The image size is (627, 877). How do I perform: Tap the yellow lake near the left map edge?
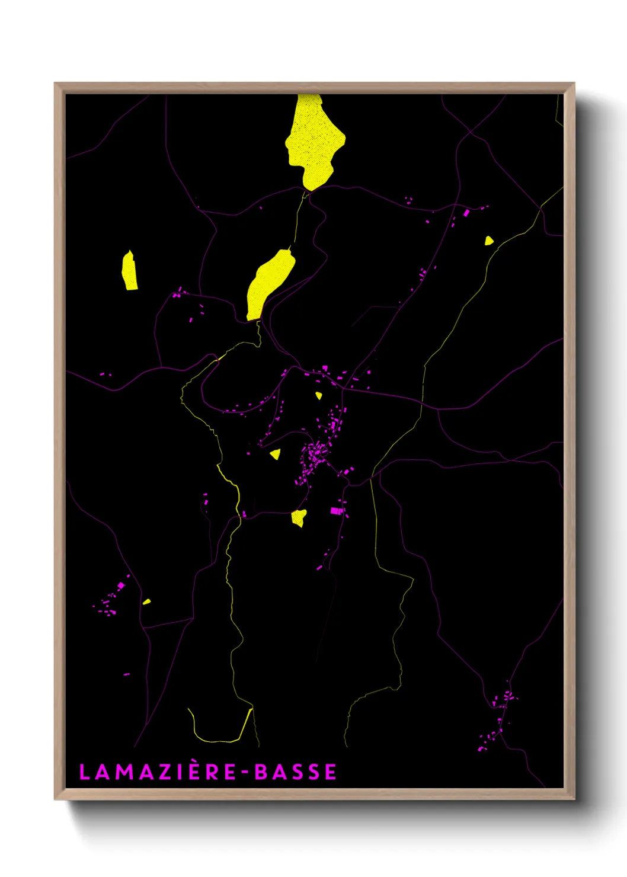tap(130, 272)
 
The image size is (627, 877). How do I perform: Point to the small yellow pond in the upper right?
tap(488, 241)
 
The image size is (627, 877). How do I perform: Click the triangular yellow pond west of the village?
tap(276, 454)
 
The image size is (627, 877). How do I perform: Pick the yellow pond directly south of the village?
tap(299, 517)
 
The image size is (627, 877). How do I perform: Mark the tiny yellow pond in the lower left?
tap(146, 602)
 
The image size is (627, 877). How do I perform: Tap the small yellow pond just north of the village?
tap(319, 395)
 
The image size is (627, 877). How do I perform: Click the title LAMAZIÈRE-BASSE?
tap(208, 772)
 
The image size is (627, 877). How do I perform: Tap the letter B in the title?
tap(261, 772)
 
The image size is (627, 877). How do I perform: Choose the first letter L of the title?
tap(84, 772)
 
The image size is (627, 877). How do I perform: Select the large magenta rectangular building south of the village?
tap(337, 510)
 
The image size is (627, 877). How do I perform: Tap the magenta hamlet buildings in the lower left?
tap(111, 598)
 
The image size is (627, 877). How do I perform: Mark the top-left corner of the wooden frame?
tap(55, 84)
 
